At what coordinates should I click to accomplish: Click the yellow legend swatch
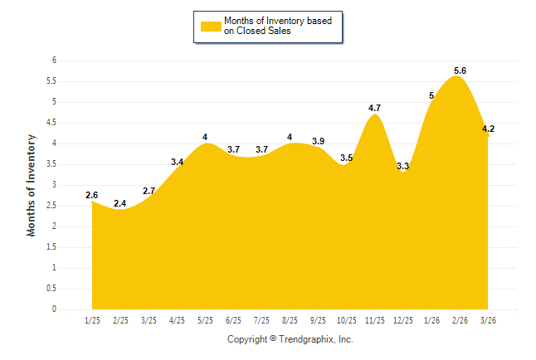click(x=211, y=26)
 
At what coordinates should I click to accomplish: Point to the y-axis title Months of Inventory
click(x=32, y=185)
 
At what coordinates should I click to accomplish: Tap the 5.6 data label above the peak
click(x=460, y=71)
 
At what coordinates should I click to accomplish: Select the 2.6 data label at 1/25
click(x=91, y=195)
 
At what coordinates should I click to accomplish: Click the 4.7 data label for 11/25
click(x=374, y=108)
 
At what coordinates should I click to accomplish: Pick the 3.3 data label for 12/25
click(x=403, y=167)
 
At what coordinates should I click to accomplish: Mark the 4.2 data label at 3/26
click(x=488, y=129)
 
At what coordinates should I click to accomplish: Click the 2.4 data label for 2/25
click(x=120, y=203)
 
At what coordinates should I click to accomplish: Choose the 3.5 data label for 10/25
click(x=347, y=158)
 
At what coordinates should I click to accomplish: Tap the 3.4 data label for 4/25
click(x=177, y=162)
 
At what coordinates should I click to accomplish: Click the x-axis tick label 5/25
click(x=205, y=320)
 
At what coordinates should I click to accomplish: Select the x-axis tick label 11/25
click(x=374, y=320)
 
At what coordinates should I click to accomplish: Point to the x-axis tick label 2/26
click(x=460, y=320)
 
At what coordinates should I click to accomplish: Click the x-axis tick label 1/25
click(x=92, y=320)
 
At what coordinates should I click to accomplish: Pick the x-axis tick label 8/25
click(x=290, y=320)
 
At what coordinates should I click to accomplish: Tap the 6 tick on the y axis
click(x=53, y=61)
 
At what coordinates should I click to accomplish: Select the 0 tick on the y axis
click(x=53, y=309)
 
